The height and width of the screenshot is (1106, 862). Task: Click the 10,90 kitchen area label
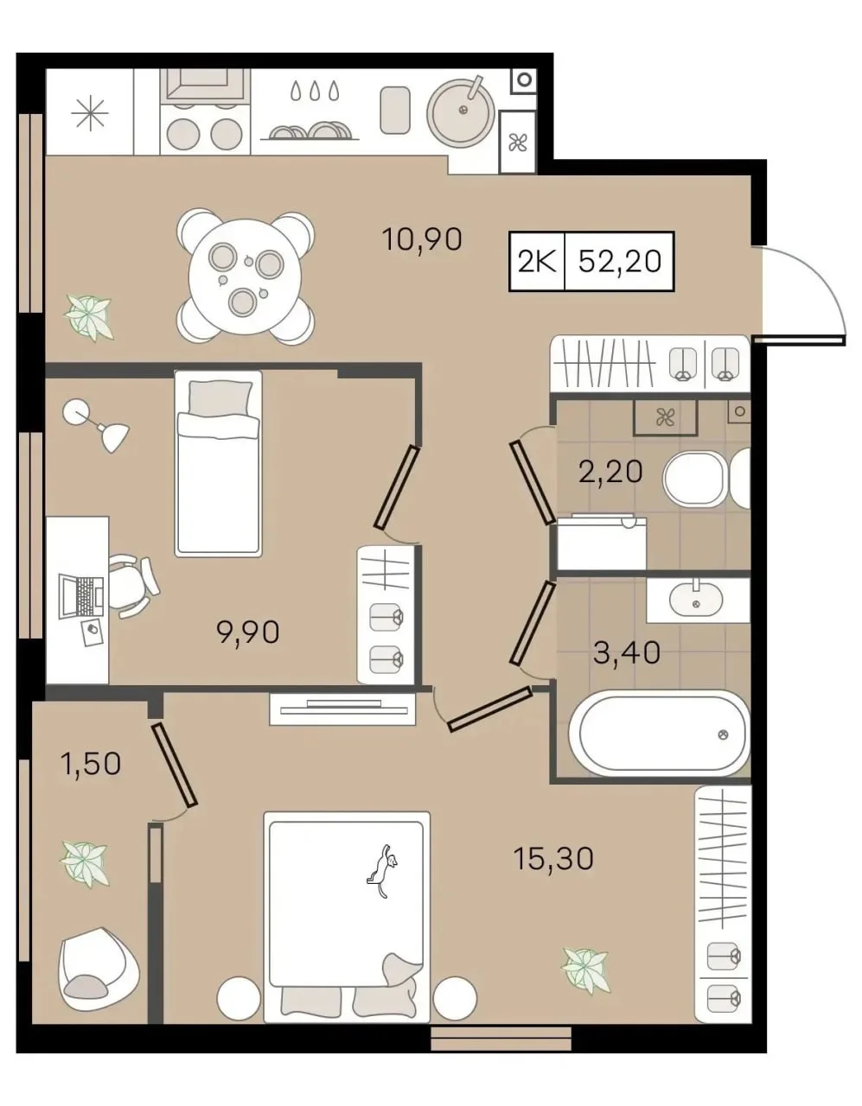tap(422, 239)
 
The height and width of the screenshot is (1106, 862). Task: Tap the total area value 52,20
tap(620, 262)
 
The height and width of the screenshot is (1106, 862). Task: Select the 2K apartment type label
tap(536, 262)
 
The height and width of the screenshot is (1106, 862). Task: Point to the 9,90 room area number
tap(248, 632)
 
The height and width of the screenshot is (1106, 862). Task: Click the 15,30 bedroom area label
tap(553, 858)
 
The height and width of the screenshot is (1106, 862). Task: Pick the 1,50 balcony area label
tap(91, 764)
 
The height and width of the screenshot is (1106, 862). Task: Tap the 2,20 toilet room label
tap(610, 471)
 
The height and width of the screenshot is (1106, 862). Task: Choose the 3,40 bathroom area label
tap(627, 653)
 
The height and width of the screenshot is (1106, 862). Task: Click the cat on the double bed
tap(382, 870)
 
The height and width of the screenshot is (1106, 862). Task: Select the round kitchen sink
tap(461, 112)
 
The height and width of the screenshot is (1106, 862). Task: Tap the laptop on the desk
tap(81, 596)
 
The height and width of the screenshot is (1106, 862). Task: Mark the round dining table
tap(245, 276)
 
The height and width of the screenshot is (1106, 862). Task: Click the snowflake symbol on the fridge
tap(90, 113)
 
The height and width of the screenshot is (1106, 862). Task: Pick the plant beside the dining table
tap(88, 318)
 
